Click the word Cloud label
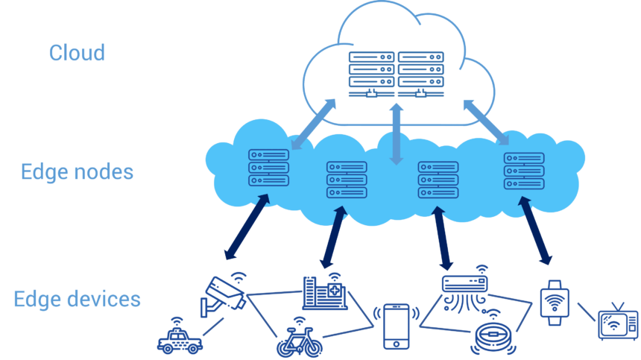click(77, 53)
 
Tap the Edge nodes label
click(77, 171)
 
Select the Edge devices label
click(77, 299)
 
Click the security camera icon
click(223, 295)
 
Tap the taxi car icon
click(180, 336)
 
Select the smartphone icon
click(396, 326)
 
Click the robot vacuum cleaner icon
click(493, 333)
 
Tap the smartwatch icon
click(555, 303)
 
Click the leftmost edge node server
click(268, 168)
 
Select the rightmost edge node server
click(524, 171)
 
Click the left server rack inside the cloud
click(371, 75)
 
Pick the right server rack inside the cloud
click(420, 75)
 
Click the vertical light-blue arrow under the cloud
click(396, 134)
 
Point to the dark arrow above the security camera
click(247, 227)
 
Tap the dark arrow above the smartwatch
click(535, 230)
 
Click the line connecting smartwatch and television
click(587, 312)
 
